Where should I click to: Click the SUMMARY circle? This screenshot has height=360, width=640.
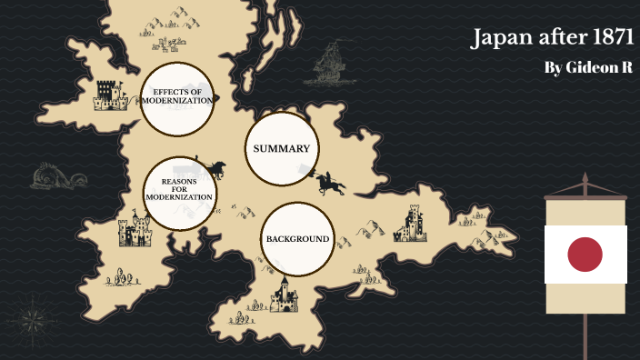[282, 148]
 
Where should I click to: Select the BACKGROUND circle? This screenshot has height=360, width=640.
[296, 239]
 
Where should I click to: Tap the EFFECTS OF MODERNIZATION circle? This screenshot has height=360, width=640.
[177, 96]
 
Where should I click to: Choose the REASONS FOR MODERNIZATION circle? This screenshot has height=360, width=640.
[180, 191]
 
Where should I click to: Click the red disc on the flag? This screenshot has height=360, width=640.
[585, 255]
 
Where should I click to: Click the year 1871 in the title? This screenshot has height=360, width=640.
[605, 39]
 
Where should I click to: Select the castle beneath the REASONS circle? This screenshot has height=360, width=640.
[135, 231]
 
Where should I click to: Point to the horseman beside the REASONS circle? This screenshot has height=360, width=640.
[215, 169]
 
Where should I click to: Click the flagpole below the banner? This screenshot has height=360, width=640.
[585, 336]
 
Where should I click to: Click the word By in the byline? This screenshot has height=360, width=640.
[553, 69]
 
